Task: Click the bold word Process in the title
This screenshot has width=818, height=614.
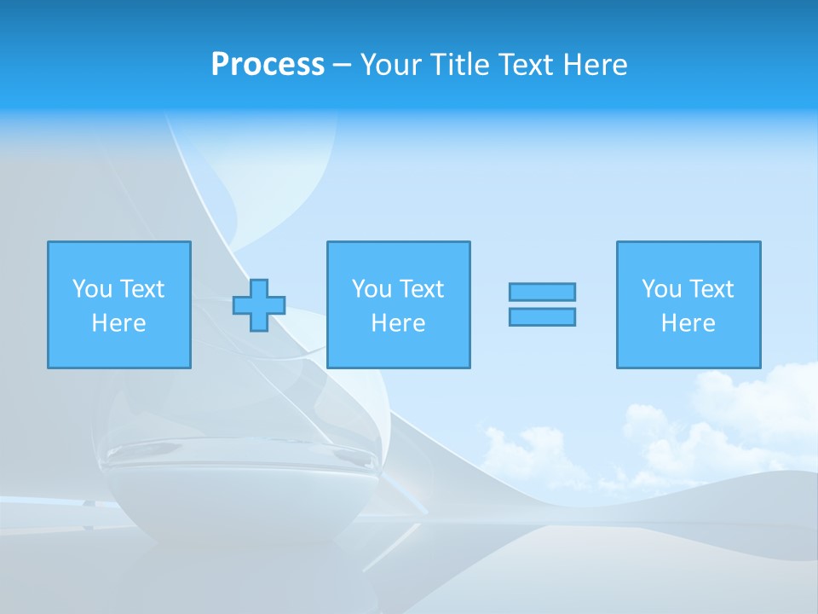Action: [x=268, y=65]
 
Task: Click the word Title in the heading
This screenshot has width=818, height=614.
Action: [x=458, y=65]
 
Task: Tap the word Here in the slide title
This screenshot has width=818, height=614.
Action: [x=594, y=65]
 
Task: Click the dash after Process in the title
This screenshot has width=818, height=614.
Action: [x=343, y=65]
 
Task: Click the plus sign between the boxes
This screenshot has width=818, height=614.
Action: [x=259, y=305]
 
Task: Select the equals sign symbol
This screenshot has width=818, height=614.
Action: [x=542, y=304]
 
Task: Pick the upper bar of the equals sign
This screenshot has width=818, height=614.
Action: [x=542, y=292]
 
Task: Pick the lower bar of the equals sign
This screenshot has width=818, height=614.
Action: [x=542, y=317]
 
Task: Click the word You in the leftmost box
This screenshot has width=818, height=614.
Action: [x=92, y=289]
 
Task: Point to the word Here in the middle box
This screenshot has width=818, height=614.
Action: [x=398, y=323]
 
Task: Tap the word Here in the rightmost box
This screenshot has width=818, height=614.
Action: [x=688, y=323]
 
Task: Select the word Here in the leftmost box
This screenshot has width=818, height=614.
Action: [x=119, y=323]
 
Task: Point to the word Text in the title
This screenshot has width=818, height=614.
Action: [x=523, y=65]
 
